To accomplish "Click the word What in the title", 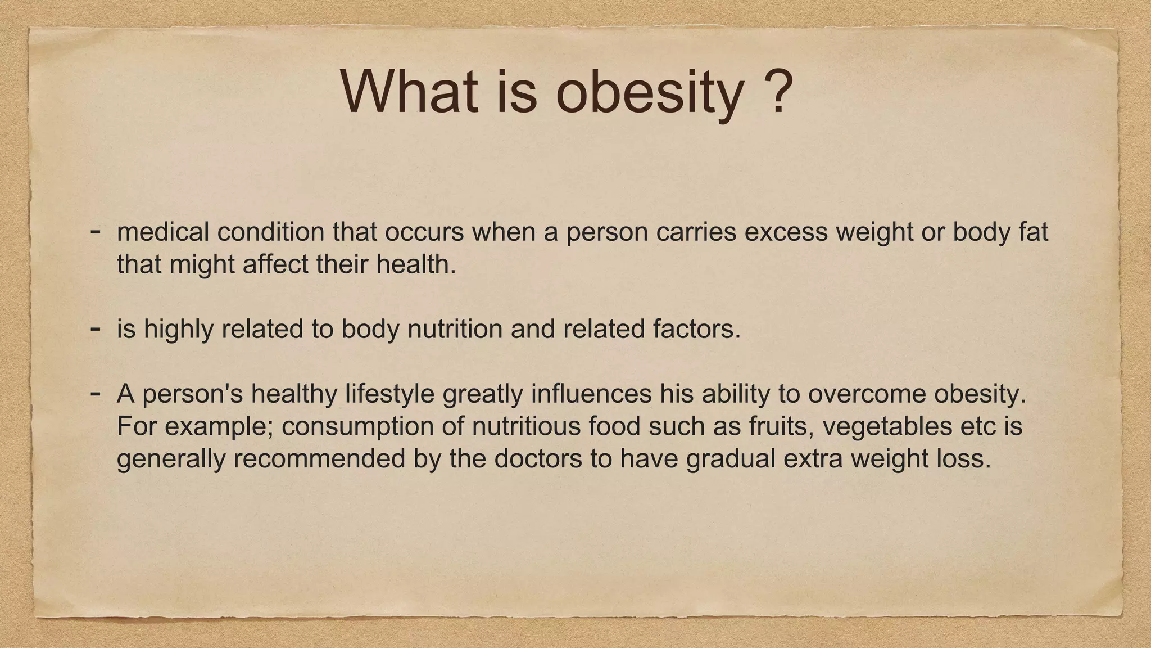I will click(409, 91).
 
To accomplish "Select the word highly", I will click(178, 330).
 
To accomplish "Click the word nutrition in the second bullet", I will click(455, 330).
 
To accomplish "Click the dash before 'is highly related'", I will click(96, 327).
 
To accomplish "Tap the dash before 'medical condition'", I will click(96, 231).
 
